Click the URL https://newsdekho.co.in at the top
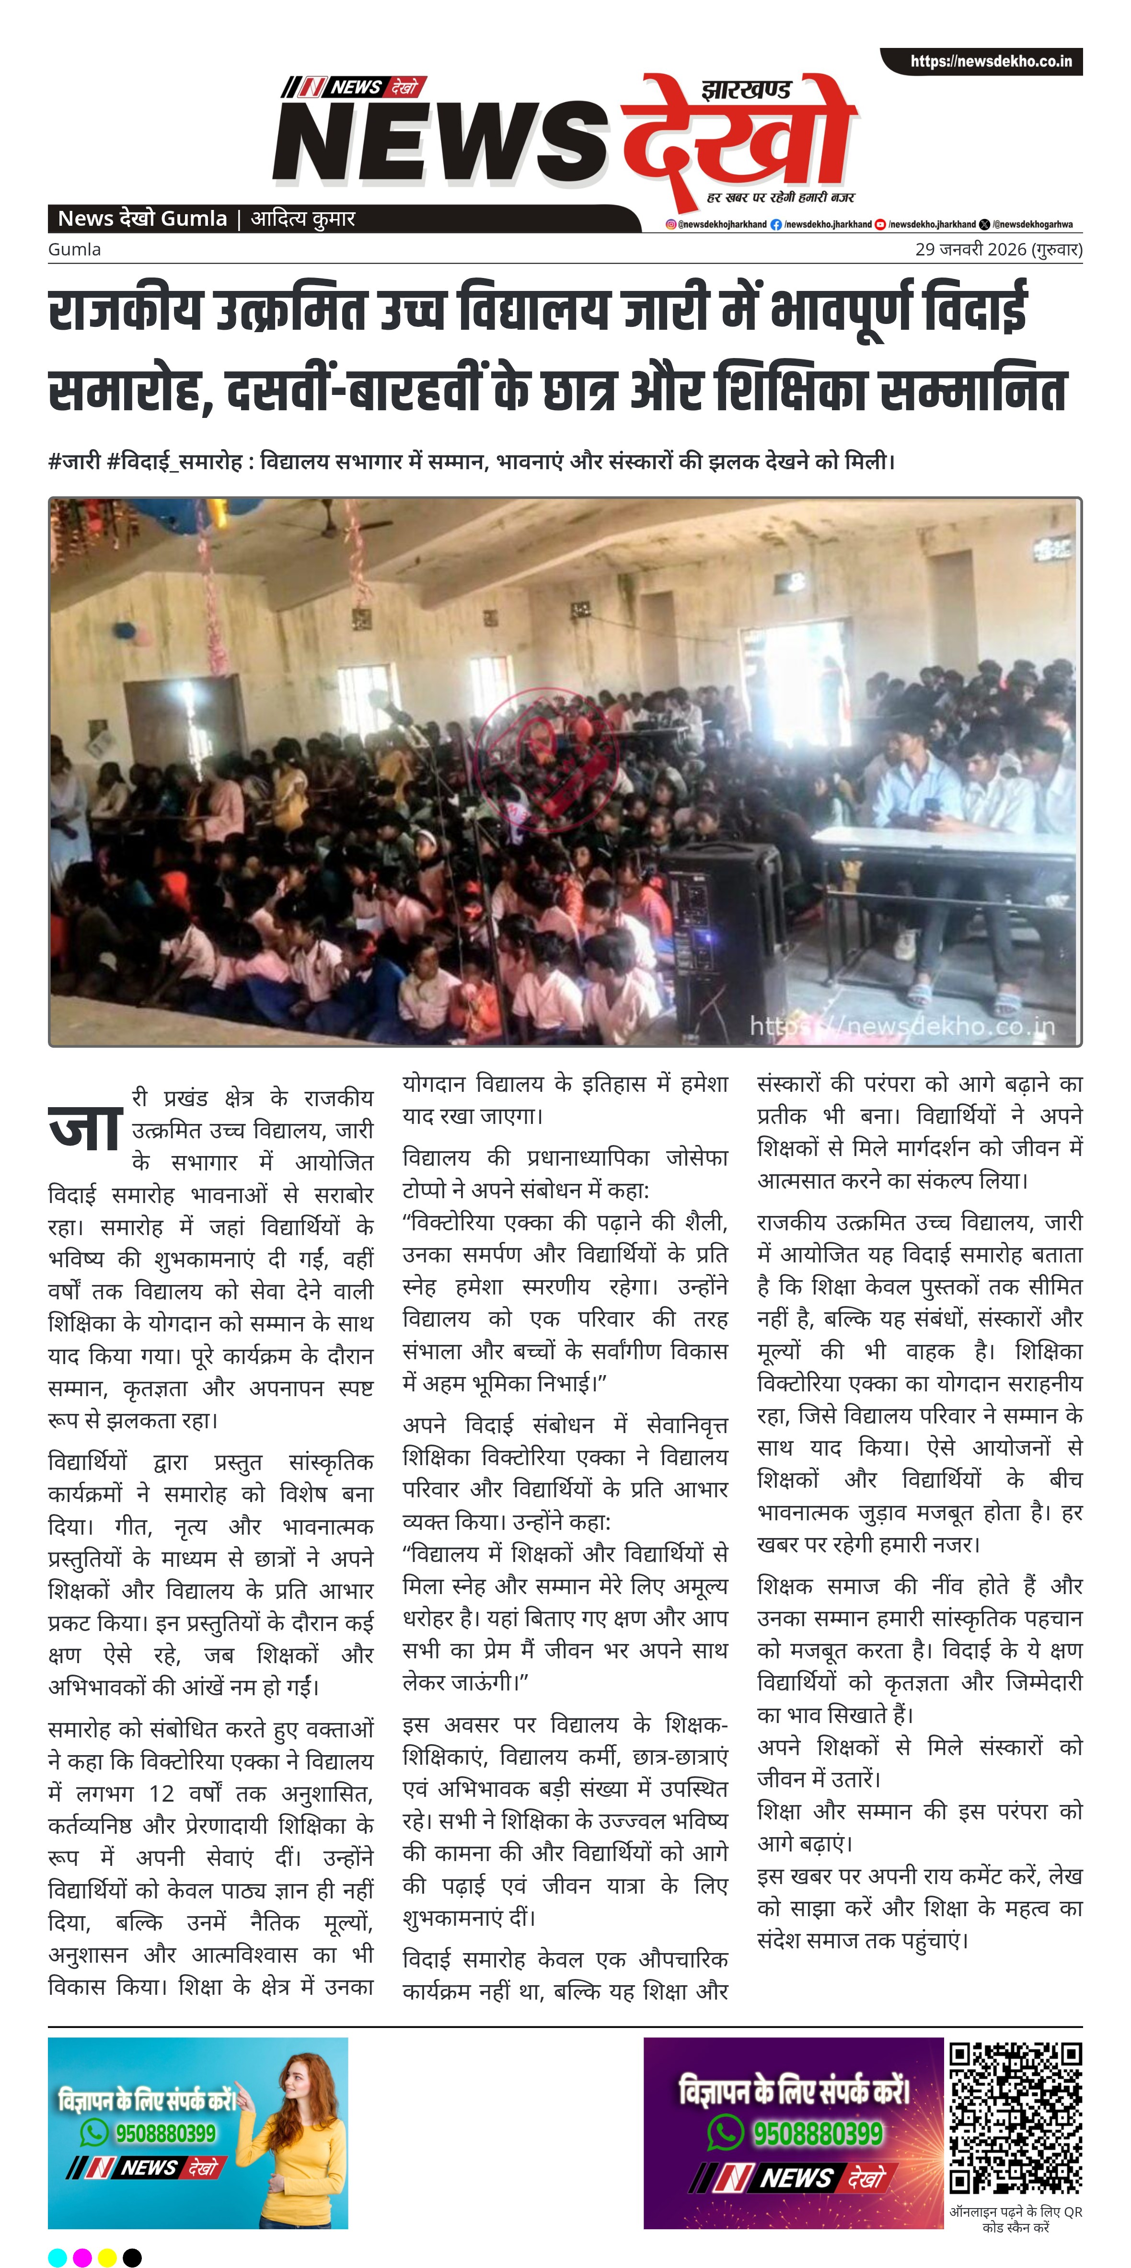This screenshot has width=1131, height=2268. (991, 62)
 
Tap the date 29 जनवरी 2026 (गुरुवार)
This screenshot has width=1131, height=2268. (998, 249)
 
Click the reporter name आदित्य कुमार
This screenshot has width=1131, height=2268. (304, 219)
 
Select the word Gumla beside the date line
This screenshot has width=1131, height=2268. (75, 249)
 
